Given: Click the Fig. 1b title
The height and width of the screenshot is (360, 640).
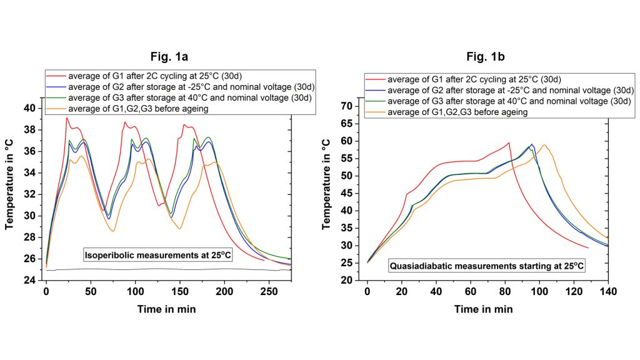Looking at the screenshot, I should pos(486,57).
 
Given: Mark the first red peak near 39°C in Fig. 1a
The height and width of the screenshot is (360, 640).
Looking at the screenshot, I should pos(67,118).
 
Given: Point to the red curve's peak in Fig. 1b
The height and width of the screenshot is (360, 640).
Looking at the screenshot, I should pos(509,142).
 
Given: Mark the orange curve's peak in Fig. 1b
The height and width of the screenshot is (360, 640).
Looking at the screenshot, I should pos(544,145).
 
